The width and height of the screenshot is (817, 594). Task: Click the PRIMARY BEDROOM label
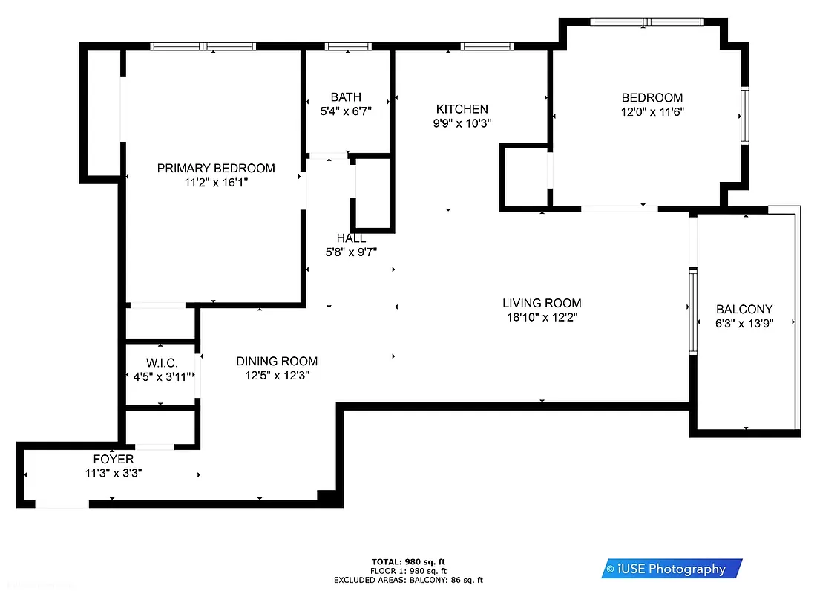point(216,169)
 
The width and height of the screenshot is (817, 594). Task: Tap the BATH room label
point(346,97)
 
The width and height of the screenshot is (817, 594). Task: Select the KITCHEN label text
point(462,109)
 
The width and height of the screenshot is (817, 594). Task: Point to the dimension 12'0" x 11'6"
point(652,112)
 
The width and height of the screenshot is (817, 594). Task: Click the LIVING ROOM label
point(542,303)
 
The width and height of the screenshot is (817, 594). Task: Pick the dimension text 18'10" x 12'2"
point(542,318)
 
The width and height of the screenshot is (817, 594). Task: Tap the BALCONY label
point(744,310)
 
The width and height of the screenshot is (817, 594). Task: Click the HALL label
point(351,238)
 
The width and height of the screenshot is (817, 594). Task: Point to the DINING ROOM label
point(277,362)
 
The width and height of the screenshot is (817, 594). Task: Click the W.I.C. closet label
point(162,363)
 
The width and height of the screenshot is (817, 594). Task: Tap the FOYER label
point(114,460)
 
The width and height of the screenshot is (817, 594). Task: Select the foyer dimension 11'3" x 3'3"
point(114,473)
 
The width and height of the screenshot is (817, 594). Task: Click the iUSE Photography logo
point(672,569)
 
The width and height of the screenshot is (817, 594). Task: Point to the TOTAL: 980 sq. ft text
point(408,561)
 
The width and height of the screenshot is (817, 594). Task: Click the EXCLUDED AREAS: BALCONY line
point(408,580)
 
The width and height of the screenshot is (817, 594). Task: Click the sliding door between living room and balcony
point(693,311)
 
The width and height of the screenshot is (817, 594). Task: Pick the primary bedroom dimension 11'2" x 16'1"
point(216,183)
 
